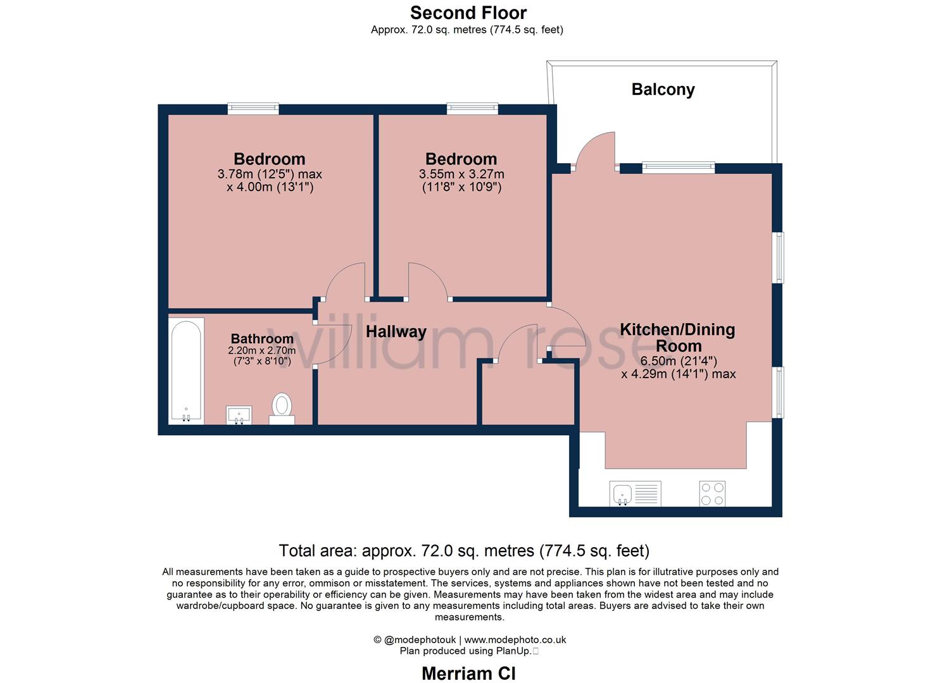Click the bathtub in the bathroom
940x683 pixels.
pos(186,371)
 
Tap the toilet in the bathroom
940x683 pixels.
pos(282,409)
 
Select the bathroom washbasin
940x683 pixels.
pos(239,415)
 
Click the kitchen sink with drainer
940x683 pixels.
pos(635,493)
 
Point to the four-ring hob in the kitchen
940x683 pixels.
pos(712,493)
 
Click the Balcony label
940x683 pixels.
pos(663,90)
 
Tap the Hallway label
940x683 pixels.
pos(396,331)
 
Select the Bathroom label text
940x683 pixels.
pos(262,338)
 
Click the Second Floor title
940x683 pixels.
pos(468,13)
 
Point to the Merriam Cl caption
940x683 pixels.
pos(468,674)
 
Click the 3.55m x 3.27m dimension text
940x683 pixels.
pos(461,174)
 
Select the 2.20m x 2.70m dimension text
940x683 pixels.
pos(262,350)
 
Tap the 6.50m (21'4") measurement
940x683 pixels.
pos(679,361)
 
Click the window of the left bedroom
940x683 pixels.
pos(253,109)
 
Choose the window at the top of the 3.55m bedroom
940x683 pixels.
pos(472,109)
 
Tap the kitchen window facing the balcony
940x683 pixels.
pos(679,168)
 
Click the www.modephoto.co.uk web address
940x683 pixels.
pos(515,639)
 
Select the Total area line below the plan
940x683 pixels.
pos(464,551)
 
